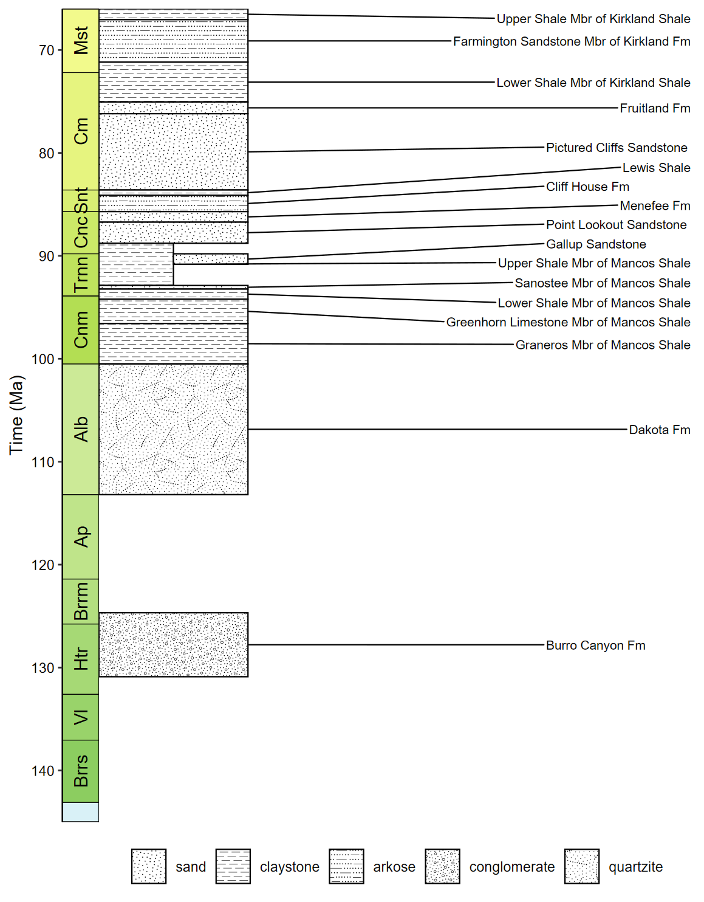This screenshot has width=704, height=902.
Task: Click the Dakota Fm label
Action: [659, 430]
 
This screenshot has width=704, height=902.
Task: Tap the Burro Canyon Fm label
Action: [595, 646]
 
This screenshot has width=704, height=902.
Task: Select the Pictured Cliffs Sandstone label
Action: [617, 148]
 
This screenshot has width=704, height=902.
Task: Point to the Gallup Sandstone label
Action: [596, 244]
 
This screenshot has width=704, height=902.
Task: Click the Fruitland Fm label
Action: [655, 108]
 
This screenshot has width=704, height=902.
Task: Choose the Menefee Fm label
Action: [655, 206]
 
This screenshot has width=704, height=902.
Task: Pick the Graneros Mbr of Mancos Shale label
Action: [603, 345]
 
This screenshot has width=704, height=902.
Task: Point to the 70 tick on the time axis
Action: [47, 50]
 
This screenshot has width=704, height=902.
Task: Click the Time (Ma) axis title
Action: [16, 415]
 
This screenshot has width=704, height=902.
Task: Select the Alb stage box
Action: [81, 429]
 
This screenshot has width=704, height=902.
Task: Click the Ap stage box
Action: [81, 537]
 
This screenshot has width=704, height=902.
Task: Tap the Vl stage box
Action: [81, 717]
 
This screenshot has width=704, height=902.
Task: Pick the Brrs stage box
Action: [81, 771]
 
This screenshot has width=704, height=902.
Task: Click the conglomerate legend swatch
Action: [442, 866]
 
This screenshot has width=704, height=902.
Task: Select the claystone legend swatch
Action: [233, 866]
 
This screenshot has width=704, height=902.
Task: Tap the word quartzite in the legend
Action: [635, 867]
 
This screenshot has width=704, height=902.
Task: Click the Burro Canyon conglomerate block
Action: [173, 644]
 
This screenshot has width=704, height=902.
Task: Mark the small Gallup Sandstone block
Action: [211, 259]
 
